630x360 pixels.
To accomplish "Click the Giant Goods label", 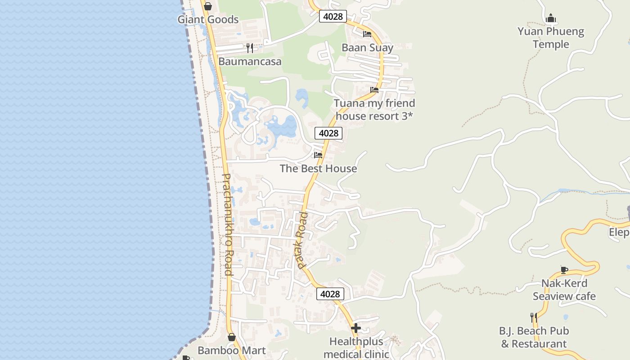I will [x=208, y=20].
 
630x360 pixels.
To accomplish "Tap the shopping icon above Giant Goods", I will [x=208, y=6].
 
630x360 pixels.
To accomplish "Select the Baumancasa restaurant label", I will [x=250, y=62].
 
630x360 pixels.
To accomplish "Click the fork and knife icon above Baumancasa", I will [x=250, y=48].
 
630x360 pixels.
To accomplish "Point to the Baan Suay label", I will [x=367, y=48].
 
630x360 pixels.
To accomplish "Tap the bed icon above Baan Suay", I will [x=367, y=34].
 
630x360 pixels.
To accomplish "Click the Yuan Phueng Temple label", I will [x=551, y=38].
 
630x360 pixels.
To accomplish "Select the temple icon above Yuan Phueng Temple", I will [x=551, y=18].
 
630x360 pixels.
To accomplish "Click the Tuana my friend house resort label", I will [x=374, y=109].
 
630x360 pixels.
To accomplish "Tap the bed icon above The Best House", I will [x=318, y=155].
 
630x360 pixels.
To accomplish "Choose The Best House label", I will [x=318, y=169].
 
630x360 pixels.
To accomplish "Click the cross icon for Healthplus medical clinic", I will [x=356, y=328].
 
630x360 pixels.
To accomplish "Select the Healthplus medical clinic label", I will [x=356, y=348].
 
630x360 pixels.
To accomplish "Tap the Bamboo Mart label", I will [x=232, y=350].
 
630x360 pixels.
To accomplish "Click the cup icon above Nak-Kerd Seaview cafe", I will [x=564, y=270].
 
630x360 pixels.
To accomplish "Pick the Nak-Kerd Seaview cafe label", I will [x=564, y=290].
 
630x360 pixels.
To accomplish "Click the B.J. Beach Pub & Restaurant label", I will [x=534, y=337].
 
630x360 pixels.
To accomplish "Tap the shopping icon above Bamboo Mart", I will [x=232, y=337].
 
